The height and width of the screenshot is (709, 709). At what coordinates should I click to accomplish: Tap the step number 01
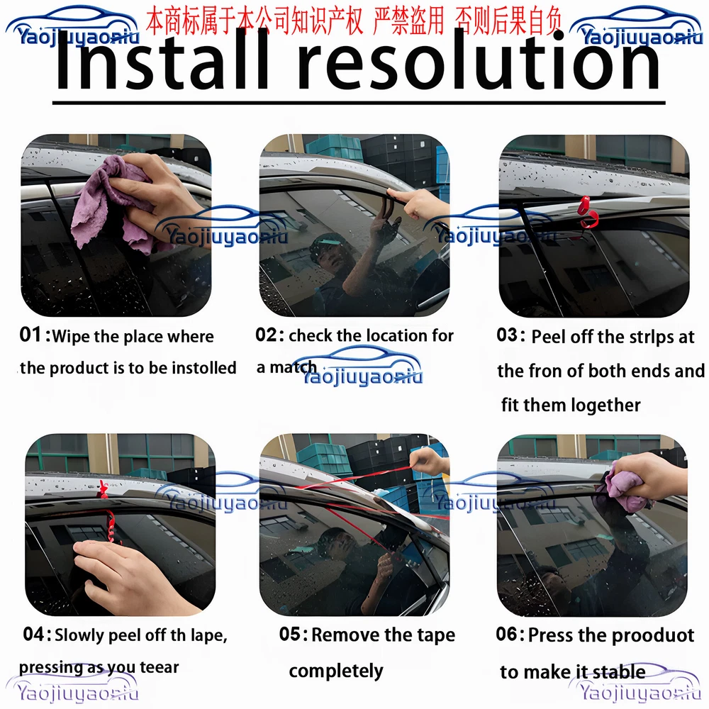(30, 335)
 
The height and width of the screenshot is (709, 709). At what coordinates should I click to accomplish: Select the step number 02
(266, 335)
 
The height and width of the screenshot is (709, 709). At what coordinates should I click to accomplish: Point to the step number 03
(507, 335)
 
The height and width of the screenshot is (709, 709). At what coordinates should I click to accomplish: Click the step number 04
(34, 634)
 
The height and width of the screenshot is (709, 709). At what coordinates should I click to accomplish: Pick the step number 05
(290, 634)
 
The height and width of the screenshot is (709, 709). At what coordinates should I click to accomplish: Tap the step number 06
(506, 634)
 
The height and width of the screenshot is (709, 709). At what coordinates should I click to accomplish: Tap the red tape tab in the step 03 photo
(587, 213)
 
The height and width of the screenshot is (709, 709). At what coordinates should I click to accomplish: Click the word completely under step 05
(336, 671)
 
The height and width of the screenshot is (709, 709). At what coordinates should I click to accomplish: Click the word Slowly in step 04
(79, 636)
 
